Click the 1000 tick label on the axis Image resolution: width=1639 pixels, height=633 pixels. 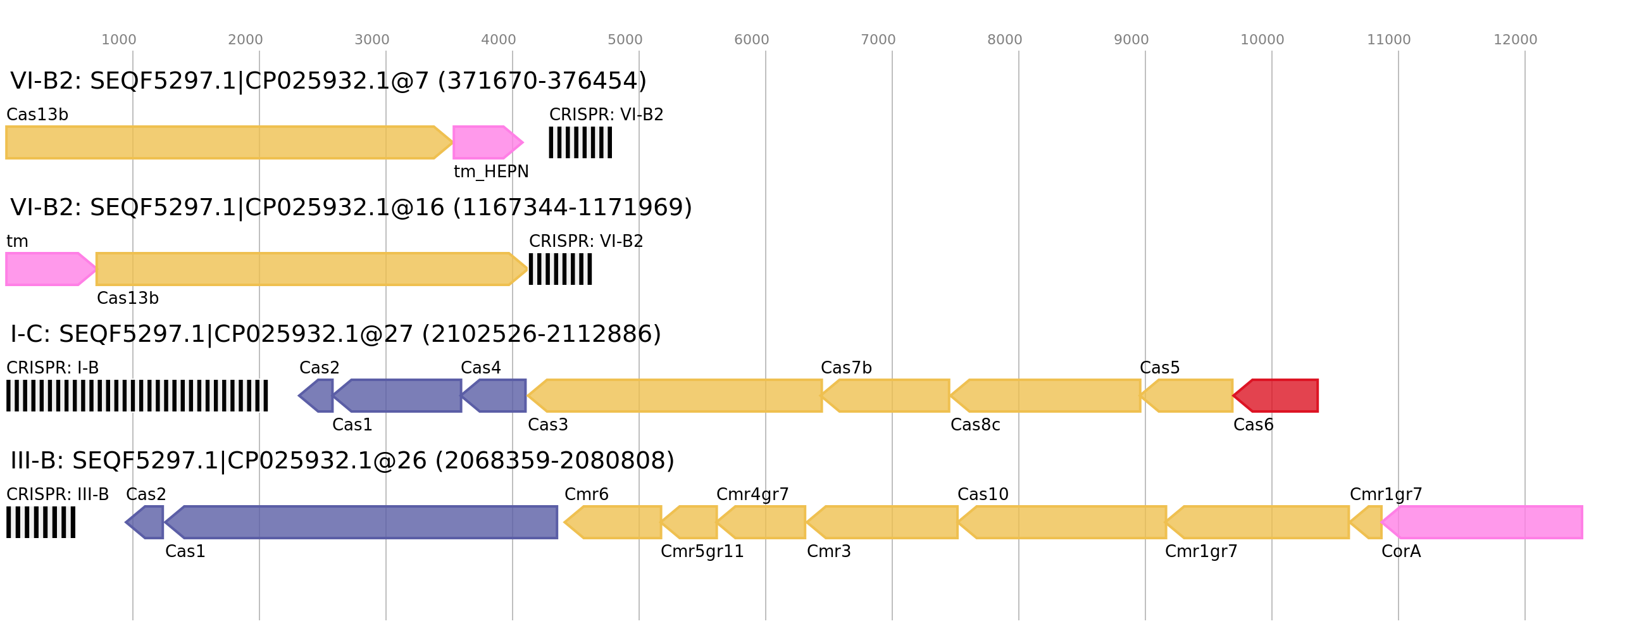118,40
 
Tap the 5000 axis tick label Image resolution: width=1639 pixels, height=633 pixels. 624,40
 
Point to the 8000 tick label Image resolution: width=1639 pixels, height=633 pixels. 1004,40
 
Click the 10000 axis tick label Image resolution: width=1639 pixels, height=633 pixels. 1262,40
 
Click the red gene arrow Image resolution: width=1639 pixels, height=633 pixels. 1278,396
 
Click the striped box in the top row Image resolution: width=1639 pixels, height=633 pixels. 580,142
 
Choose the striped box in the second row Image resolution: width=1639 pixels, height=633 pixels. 560,269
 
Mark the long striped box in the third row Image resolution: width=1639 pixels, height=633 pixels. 137,396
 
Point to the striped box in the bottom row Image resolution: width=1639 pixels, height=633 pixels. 41,522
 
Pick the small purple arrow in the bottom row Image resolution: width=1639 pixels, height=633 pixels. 146,522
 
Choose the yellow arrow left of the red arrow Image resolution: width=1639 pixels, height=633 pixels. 1188,396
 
